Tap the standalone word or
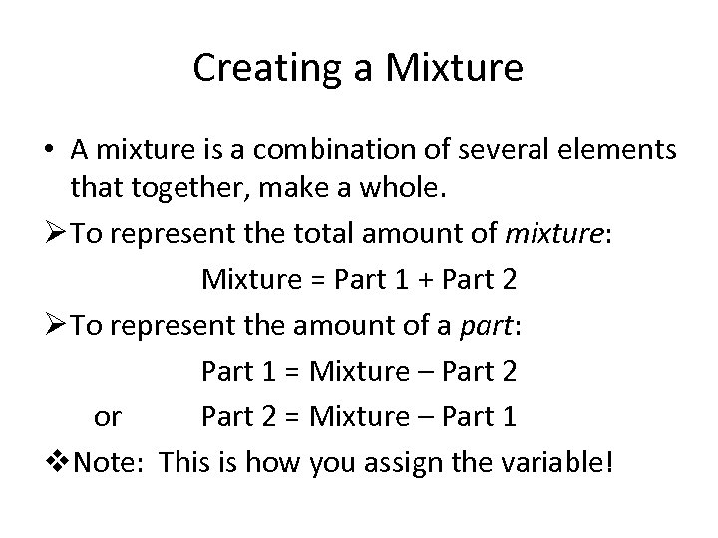click(107, 417)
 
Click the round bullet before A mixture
click(48, 151)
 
